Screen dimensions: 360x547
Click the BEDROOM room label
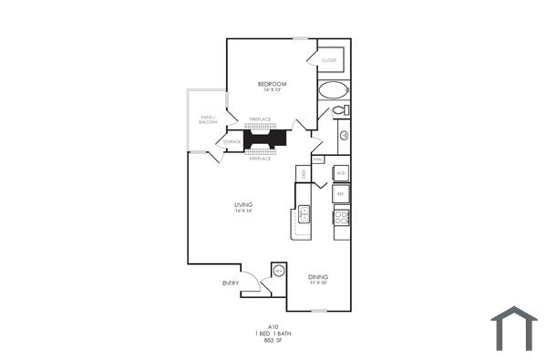pyautogui.click(x=272, y=84)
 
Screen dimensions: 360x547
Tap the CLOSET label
pyautogui.click(x=329, y=60)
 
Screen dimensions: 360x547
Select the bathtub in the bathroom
pyautogui.click(x=334, y=90)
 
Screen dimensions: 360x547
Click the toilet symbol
pyautogui.click(x=340, y=110)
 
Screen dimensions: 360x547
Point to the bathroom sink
pyautogui.click(x=345, y=137)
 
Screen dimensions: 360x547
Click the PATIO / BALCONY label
pyautogui.click(x=207, y=119)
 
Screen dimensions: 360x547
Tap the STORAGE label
pyautogui.click(x=232, y=142)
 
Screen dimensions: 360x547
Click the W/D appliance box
pyautogui.click(x=340, y=172)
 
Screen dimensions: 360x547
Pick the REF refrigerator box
pyautogui.click(x=340, y=193)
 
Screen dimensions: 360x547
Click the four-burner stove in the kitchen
pyautogui.click(x=342, y=218)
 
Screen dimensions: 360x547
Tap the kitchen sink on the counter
pyautogui.click(x=304, y=215)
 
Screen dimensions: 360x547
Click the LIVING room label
pyautogui.click(x=243, y=204)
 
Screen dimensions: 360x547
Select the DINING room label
pyautogui.click(x=317, y=277)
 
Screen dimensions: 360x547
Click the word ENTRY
pyautogui.click(x=231, y=283)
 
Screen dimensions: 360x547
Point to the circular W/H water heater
pyautogui.click(x=279, y=271)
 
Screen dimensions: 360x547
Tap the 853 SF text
pyautogui.click(x=272, y=340)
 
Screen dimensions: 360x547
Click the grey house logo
pyautogui.click(x=514, y=329)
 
